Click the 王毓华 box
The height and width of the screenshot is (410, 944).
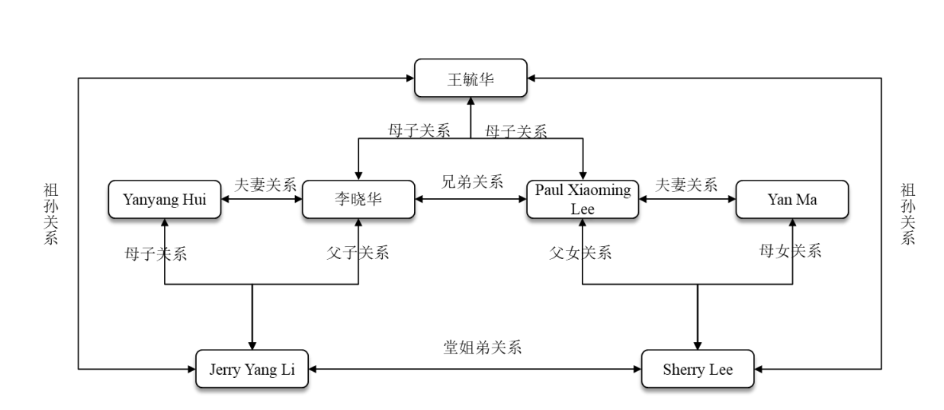tap(470, 78)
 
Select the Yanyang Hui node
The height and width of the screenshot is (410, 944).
tap(165, 200)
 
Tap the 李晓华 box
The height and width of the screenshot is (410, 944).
tap(358, 200)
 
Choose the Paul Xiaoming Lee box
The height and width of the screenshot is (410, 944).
tap(583, 200)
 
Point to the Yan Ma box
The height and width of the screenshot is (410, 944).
tap(791, 200)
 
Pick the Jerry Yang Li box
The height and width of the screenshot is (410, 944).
tap(252, 370)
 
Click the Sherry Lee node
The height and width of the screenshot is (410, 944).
tap(698, 370)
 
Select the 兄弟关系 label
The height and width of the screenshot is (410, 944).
tap(472, 182)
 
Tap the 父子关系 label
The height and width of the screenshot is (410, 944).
tap(358, 253)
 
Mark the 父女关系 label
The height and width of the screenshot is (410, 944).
tap(581, 253)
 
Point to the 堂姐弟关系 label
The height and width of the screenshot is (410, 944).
tap(477, 348)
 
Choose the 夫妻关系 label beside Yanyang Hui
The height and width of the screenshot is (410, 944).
tap(265, 184)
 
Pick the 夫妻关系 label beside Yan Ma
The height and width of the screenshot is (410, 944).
tap(686, 184)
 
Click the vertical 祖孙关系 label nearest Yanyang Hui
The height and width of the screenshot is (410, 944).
tap(51, 213)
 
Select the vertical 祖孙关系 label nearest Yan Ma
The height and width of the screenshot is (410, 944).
tap(907, 213)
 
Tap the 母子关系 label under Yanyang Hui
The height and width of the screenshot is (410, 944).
tap(156, 253)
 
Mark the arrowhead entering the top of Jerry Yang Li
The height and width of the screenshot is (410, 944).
tap(252, 345)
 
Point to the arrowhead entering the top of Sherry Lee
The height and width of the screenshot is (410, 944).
tap(698, 345)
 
